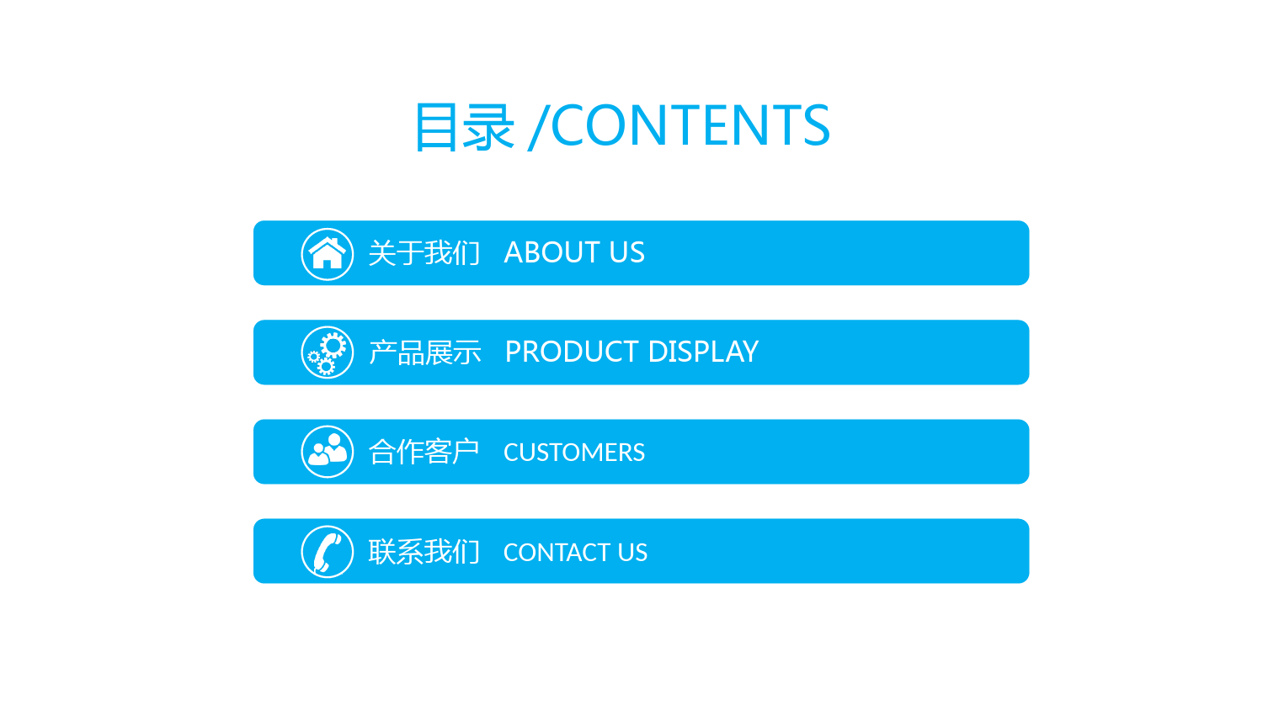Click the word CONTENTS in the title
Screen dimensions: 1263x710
pos(690,125)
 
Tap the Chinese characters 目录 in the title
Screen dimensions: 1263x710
pos(465,127)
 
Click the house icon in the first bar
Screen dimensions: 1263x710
pos(327,254)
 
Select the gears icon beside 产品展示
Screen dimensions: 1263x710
pos(327,352)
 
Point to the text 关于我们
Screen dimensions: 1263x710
pos(424,253)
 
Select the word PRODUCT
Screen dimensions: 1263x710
pos(573,352)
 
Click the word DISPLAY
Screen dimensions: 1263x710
pos(704,352)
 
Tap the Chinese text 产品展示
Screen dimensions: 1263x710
pos(424,352)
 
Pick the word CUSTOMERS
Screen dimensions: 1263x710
pos(574,453)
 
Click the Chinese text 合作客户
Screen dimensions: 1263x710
pos(424,452)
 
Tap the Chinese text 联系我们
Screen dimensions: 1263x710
pos(424,552)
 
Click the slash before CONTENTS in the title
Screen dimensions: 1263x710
pos(539,127)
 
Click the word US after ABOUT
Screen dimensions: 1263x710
pos(627,252)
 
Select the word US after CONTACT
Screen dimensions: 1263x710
pos(632,553)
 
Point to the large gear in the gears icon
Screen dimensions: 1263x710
pos(333,345)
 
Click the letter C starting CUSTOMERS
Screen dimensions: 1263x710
pos(511,453)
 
